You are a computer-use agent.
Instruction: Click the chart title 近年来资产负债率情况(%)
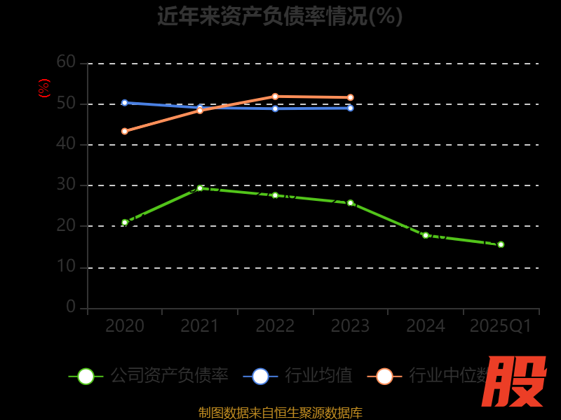coord(280,16)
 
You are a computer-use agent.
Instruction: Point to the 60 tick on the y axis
coord(66,62)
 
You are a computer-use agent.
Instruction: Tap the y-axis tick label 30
coord(66,185)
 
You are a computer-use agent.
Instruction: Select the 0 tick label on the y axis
coord(71,307)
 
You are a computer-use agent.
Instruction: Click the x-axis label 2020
coord(125,326)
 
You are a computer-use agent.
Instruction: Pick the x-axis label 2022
coord(275,326)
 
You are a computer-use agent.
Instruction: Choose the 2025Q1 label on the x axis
coord(501,326)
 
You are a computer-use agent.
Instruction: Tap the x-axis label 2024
coord(426,326)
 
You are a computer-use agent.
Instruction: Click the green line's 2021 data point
coord(200,188)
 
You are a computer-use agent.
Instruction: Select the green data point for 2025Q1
coord(501,244)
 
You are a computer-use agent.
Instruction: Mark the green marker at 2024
coord(426,235)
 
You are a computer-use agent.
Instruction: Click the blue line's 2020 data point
coord(125,103)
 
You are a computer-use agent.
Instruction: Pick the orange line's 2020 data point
coord(125,131)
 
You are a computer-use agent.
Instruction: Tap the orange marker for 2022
coord(275,97)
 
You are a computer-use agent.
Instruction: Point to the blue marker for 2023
coord(350,108)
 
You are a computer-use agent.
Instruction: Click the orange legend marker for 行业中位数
coord(384,376)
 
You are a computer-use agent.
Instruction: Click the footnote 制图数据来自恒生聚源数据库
coord(280,412)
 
